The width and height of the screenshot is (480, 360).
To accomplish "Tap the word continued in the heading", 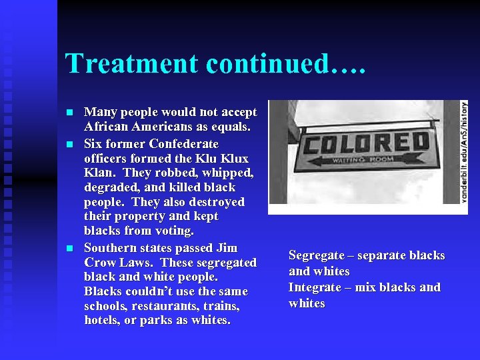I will (269, 64).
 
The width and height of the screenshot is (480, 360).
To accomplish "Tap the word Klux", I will (234, 159).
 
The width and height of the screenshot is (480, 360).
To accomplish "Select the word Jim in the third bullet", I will (227, 248).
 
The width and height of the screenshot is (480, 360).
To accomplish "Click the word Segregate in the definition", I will (317, 255).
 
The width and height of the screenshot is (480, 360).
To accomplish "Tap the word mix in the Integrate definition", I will (366, 287).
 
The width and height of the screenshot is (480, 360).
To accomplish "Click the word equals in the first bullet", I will (228, 127).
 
